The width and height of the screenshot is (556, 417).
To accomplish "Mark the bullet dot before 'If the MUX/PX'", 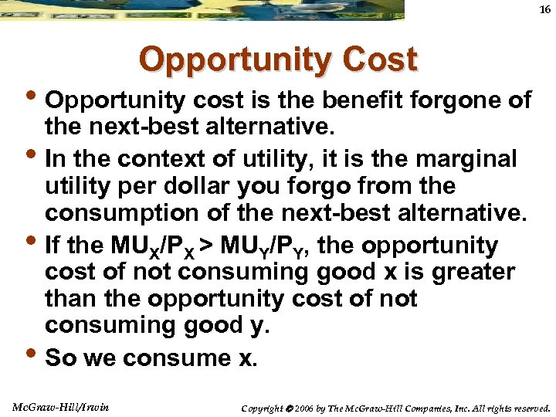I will [32, 244].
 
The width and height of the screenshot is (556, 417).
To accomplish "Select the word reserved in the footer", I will [529, 408].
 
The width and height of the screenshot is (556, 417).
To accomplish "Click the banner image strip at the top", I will [202, 9].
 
